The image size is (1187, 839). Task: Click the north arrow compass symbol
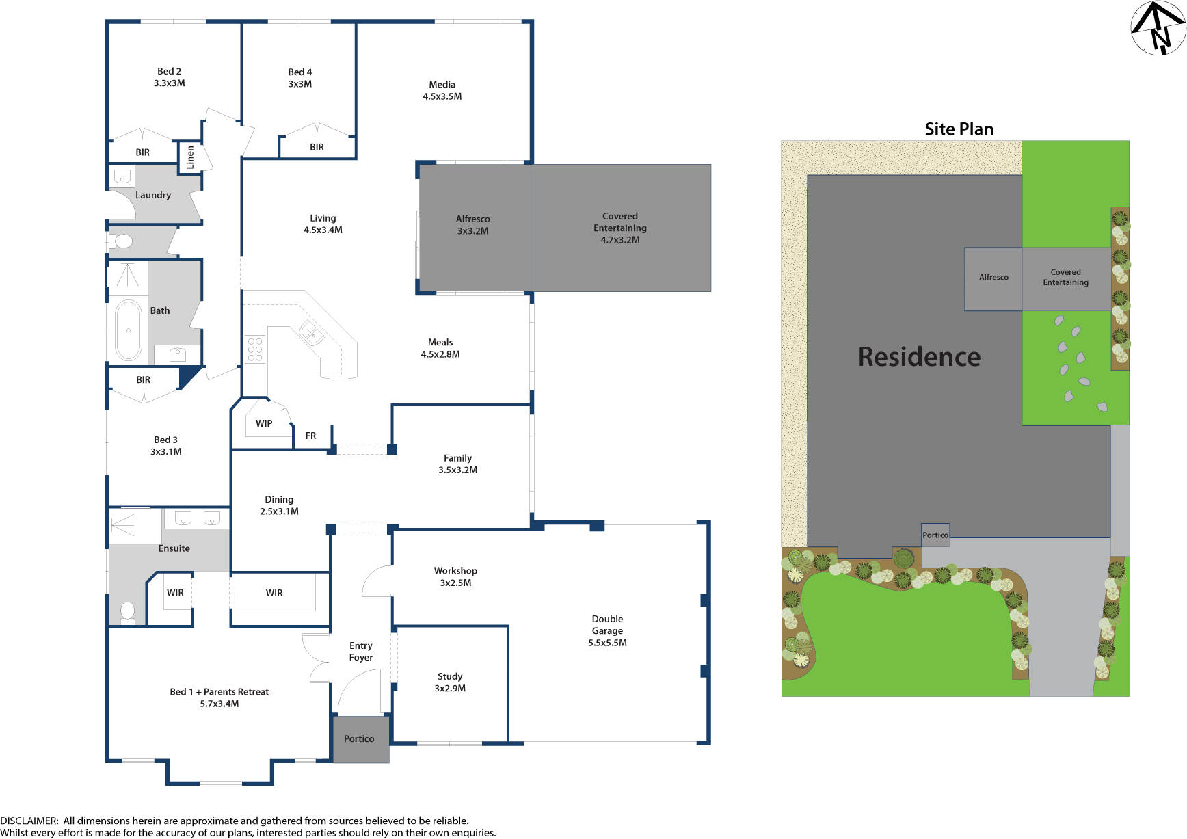tap(1158, 28)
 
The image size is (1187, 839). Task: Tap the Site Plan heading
tap(959, 129)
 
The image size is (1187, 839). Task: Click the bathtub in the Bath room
tap(128, 330)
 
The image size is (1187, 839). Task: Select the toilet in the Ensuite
tap(128, 612)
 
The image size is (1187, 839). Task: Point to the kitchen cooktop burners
tap(255, 349)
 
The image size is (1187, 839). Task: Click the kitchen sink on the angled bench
tap(311, 334)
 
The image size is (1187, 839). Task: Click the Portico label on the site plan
tap(935, 535)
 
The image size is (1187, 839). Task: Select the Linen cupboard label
tap(190, 157)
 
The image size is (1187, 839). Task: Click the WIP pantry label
tap(264, 423)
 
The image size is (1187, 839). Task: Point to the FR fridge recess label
tap(310, 436)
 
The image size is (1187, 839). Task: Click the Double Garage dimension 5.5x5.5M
tap(607, 643)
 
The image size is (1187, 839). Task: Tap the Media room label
tap(442, 85)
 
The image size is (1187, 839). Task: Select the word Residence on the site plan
tap(919, 357)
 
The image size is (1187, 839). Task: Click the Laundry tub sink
tap(122, 177)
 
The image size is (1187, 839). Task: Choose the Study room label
tap(450, 676)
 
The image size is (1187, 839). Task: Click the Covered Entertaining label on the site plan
tap(1065, 277)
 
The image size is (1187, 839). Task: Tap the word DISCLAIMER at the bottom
tap(29, 821)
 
